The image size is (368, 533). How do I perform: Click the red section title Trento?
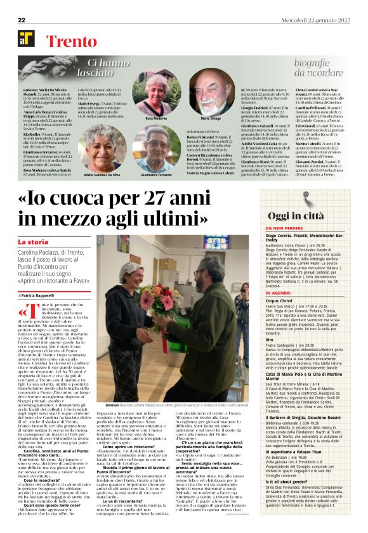(x=71, y=42)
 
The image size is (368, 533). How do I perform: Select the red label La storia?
(x=33, y=242)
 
